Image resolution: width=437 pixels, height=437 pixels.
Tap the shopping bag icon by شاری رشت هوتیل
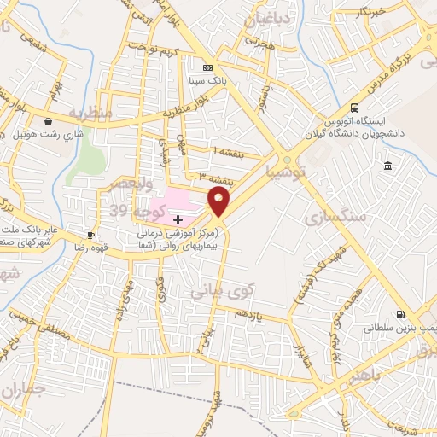(48, 121)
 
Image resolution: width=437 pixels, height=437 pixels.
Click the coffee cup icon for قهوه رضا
(90, 235)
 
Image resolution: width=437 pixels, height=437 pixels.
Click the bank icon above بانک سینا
(207, 67)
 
